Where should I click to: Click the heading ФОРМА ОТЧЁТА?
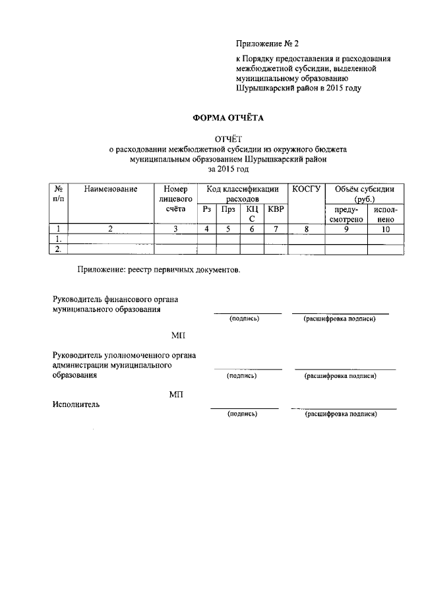pyautogui.click(x=227, y=119)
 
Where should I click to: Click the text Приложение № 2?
pyautogui.click(x=268, y=44)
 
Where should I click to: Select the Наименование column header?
pyautogui.click(x=111, y=189)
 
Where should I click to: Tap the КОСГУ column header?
pyautogui.click(x=306, y=189)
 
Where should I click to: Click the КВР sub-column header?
pyautogui.click(x=276, y=209)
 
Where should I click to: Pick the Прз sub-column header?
pyautogui.click(x=228, y=209)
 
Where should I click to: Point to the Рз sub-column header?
pyautogui.click(x=207, y=209)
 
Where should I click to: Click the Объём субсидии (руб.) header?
pyautogui.click(x=364, y=193)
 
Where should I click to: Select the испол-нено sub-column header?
pyautogui.click(x=385, y=214)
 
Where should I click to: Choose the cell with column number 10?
pyautogui.click(x=385, y=229)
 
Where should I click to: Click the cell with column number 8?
pyautogui.click(x=306, y=229)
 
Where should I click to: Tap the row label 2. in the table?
pyautogui.click(x=59, y=249)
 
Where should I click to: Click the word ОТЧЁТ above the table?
pyautogui.click(x=228, y=139)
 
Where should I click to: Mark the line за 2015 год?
pyautogui.click(x=228, y=170)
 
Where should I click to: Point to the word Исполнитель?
pyautogui.click(x=76, y=404)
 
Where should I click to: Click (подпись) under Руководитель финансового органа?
pyautogui.click(x=244, y=319)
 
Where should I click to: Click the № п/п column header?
pyautogui.click(x=59, y=193)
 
